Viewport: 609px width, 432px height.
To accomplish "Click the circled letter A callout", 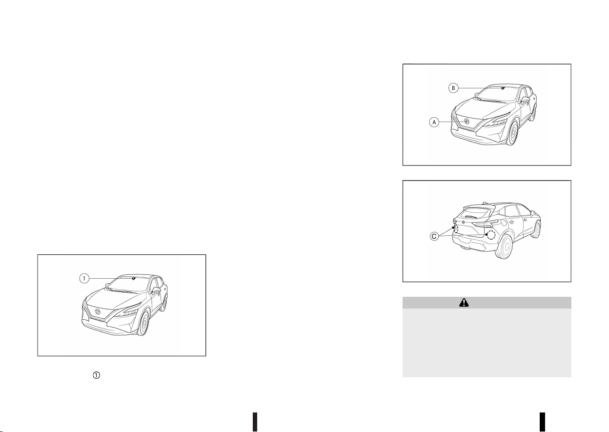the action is click(x=434, y=122).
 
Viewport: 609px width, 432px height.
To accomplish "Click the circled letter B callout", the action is click(x=453, y=88).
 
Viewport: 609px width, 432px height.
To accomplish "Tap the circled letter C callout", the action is click(x=434, y=236).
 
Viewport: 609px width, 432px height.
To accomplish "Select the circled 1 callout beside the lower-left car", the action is click(x=84, y=278).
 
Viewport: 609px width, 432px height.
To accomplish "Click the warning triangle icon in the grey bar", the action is click(x=464, y=303).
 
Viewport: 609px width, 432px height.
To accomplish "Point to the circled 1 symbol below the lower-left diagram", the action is click(x=97, y=375).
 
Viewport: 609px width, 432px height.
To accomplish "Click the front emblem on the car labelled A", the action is click(x=467, y=122).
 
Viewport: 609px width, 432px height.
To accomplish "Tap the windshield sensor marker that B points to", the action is click(x=503, y=88).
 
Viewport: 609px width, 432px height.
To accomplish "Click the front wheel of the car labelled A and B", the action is click(x=513, y=133).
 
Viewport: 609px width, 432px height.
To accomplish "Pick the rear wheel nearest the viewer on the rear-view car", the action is click(x=505, y=247).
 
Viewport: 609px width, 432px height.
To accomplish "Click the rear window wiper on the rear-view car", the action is click(x=471, y=217).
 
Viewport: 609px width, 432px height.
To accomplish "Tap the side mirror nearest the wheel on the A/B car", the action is click(x=525, y=100).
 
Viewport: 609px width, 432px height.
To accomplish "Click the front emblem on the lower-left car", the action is click(x=98, y=312).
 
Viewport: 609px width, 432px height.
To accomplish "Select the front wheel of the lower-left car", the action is click(x=144, y=324).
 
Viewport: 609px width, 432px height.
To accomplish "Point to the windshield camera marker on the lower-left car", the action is click(x=134, y=279).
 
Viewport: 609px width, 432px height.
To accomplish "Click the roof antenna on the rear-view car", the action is click(x=485, y=203).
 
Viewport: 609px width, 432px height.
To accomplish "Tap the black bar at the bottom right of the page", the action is click(x=543, y=422).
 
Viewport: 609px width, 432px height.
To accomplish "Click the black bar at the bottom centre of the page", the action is click(x=255, y=422).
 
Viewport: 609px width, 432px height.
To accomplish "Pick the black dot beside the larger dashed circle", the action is click(x=487, y=234).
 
